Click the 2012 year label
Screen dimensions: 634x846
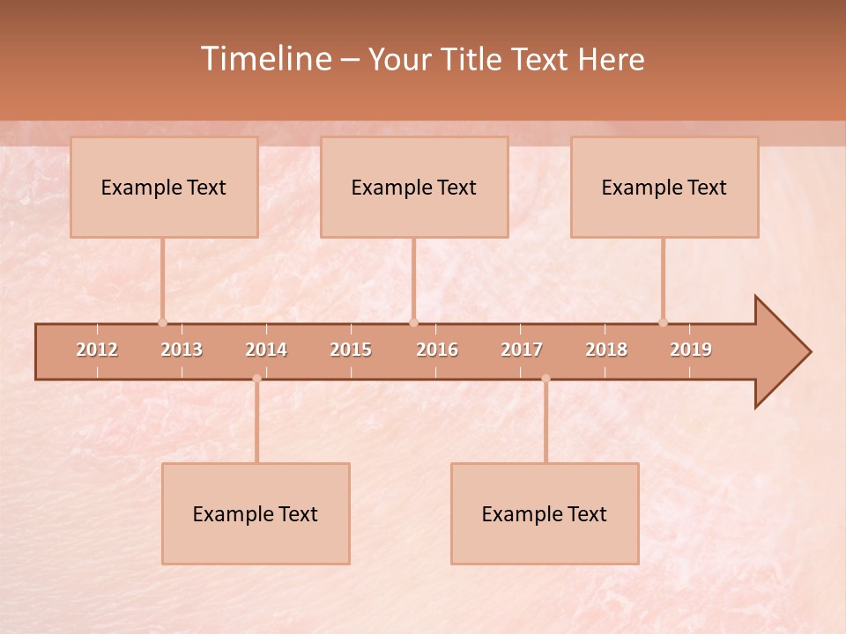point(97,350)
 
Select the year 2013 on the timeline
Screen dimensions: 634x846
point(182,350)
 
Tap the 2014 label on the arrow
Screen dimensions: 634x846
point(266,350)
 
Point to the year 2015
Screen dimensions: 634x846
point(351,350)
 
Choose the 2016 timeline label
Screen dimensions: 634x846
point(437,350)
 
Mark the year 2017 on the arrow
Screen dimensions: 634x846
point(522,350)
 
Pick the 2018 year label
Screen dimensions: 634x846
point(606,350)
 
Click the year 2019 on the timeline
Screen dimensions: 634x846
point(691,350)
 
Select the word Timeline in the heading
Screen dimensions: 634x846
point(265,59)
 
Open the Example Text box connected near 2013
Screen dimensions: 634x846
point(164,187)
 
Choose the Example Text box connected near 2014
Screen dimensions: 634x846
point(256,513)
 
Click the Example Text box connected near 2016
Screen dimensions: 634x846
point(414,187)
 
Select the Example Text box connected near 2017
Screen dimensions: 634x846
point(545,513)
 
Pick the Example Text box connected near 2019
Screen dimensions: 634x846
point(664,187)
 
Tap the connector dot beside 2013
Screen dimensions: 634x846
point(162,322)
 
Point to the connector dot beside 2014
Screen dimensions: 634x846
point(256,379)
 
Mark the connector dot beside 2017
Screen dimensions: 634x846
point(545,379)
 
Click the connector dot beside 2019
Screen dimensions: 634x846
point(663,322)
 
